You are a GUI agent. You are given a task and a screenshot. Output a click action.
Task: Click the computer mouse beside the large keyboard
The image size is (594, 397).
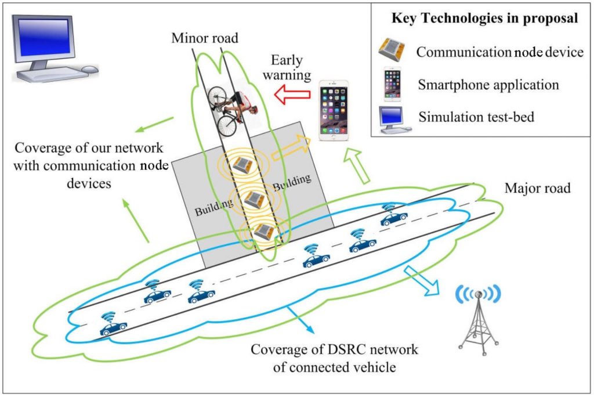point(90,69)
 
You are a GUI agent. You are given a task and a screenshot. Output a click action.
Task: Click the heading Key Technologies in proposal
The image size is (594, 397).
point(484,18)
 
